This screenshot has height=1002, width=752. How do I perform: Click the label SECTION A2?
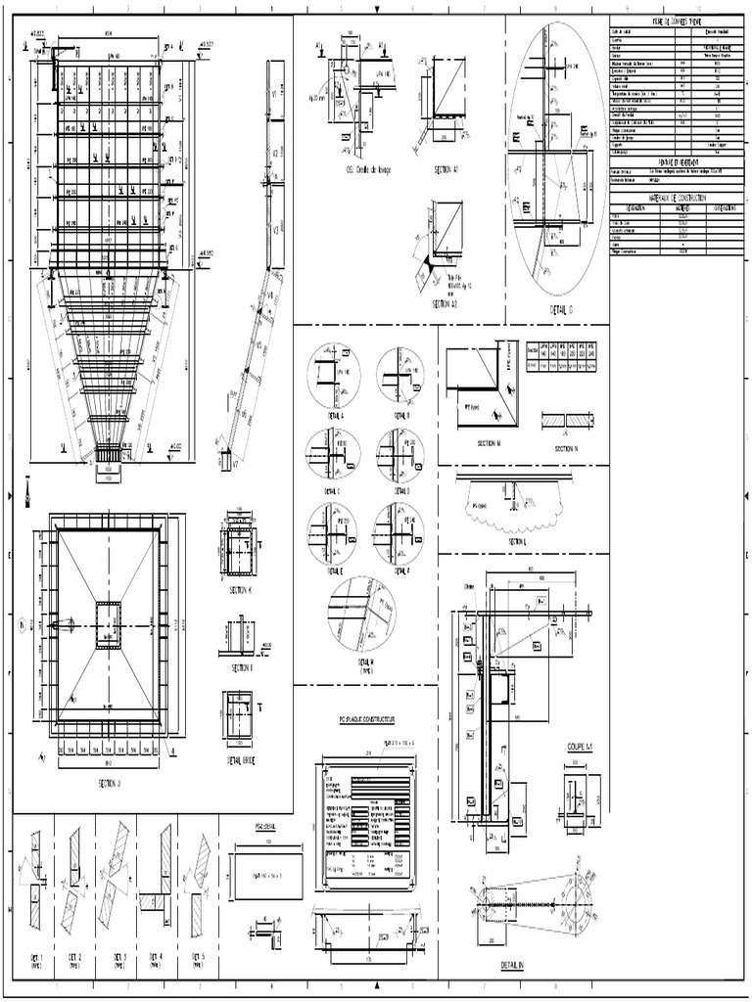coord(446,304)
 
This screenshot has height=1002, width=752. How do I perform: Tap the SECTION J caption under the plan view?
coord(109,783)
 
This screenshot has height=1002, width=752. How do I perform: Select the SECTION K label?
coord(241,590)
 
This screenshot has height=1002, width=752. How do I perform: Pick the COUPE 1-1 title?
coord(581,747)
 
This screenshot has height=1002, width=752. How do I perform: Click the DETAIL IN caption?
coord(512,965)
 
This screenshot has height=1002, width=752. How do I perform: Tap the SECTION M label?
coord(489,443)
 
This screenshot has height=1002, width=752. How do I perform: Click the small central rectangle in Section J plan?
coord(109,625)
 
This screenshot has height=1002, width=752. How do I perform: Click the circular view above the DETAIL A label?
coord(334,376)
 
